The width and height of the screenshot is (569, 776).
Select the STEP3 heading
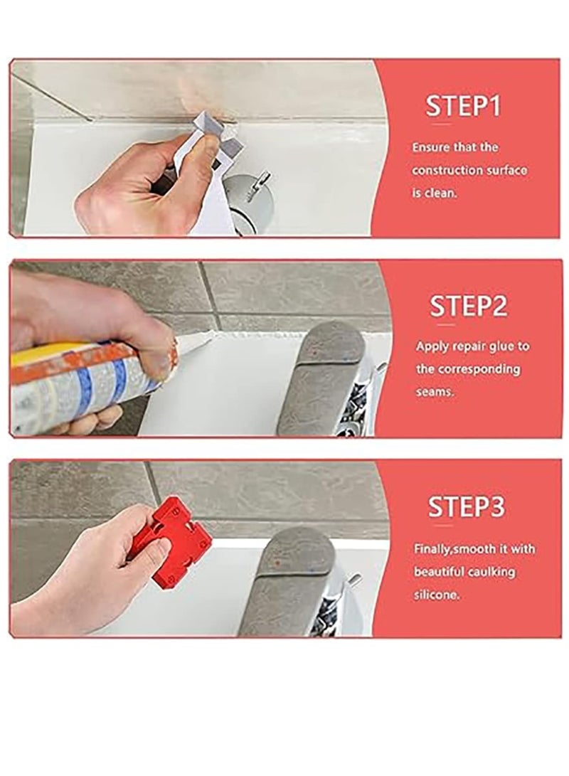(466, 507)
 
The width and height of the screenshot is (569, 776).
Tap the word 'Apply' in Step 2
(431, 346)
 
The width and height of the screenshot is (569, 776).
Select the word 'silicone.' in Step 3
(437, 594)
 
